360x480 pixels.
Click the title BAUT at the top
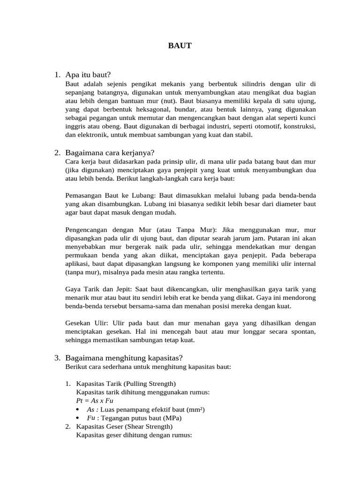(180, 46)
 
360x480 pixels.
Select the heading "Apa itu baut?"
(89, 75)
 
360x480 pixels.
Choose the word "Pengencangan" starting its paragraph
(86, 230)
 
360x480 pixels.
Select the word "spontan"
(304, 332)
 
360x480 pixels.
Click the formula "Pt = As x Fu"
(95, 401)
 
